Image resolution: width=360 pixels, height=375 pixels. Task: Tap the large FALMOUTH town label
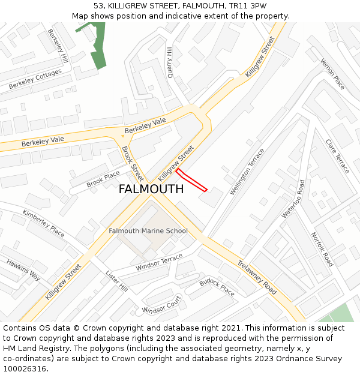coord(151,189)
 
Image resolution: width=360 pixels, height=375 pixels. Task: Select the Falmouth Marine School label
coord(148,231)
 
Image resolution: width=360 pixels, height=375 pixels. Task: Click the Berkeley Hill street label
coord(58,47)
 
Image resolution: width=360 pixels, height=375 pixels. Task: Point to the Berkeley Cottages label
coord(35,79)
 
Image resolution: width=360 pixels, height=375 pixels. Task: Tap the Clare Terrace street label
coord(337,156)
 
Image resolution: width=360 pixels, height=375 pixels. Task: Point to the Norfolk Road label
coord(322,250)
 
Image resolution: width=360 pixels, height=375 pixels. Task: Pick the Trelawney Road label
coord(257,277)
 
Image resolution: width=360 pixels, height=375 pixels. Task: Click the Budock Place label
coord(217,287)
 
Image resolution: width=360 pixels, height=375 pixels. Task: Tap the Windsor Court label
coord(161,305)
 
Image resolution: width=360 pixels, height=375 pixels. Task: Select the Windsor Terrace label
coord(159,262)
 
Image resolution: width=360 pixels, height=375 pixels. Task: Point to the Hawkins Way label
coord(23,270)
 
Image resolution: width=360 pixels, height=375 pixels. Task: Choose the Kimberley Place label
coord(43,223)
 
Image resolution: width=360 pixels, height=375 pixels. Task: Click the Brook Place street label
coord(103,179)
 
